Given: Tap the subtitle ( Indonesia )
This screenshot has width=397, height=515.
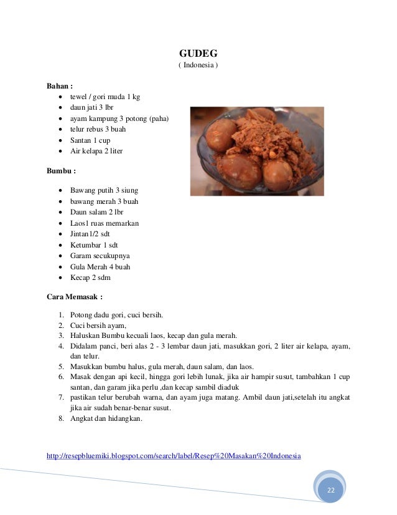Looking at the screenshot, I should tap(198, 65).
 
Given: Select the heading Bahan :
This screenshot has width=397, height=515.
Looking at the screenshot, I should tap(60, 85).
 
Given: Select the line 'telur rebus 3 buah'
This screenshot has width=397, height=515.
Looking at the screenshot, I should tap(98, 129).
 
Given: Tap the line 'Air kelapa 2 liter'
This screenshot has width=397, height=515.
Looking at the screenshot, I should tap(96, 151).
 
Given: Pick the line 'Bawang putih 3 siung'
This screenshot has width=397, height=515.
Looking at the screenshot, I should tap(104, 190).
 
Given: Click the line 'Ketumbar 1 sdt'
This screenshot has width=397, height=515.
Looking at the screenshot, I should tap(94, 244).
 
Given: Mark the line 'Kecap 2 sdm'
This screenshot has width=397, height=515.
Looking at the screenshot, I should tap(90, 277).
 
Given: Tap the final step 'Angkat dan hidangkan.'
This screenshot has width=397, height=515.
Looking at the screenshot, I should tap(106, 418).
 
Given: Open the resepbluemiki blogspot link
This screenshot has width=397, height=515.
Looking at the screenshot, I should tap(174, 456).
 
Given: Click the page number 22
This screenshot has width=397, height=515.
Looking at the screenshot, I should tap(330, 491).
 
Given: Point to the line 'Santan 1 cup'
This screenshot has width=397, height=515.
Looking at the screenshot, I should tap(90, 140).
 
